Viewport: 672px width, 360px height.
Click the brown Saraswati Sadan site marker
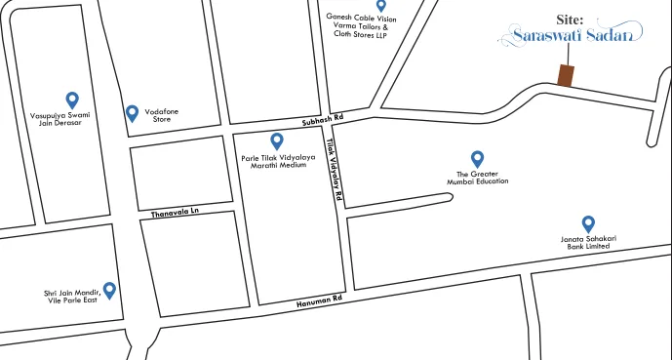point(565,75)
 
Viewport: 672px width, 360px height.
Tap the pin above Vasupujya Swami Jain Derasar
point(71,100)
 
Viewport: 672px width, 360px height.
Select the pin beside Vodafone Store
point(133,112)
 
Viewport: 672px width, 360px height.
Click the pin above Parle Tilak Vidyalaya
point(276,141)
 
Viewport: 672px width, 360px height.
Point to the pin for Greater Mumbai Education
point(477,158)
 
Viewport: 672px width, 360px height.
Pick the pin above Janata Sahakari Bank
point(588,223)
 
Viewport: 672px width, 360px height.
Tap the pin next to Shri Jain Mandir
point(110,290)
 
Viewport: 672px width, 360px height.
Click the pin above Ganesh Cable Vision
point(381,6)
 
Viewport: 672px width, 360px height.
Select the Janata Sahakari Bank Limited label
point(588,243)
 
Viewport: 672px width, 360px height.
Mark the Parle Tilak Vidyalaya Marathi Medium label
point(276,162)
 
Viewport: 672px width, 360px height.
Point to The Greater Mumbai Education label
point(477,178)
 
